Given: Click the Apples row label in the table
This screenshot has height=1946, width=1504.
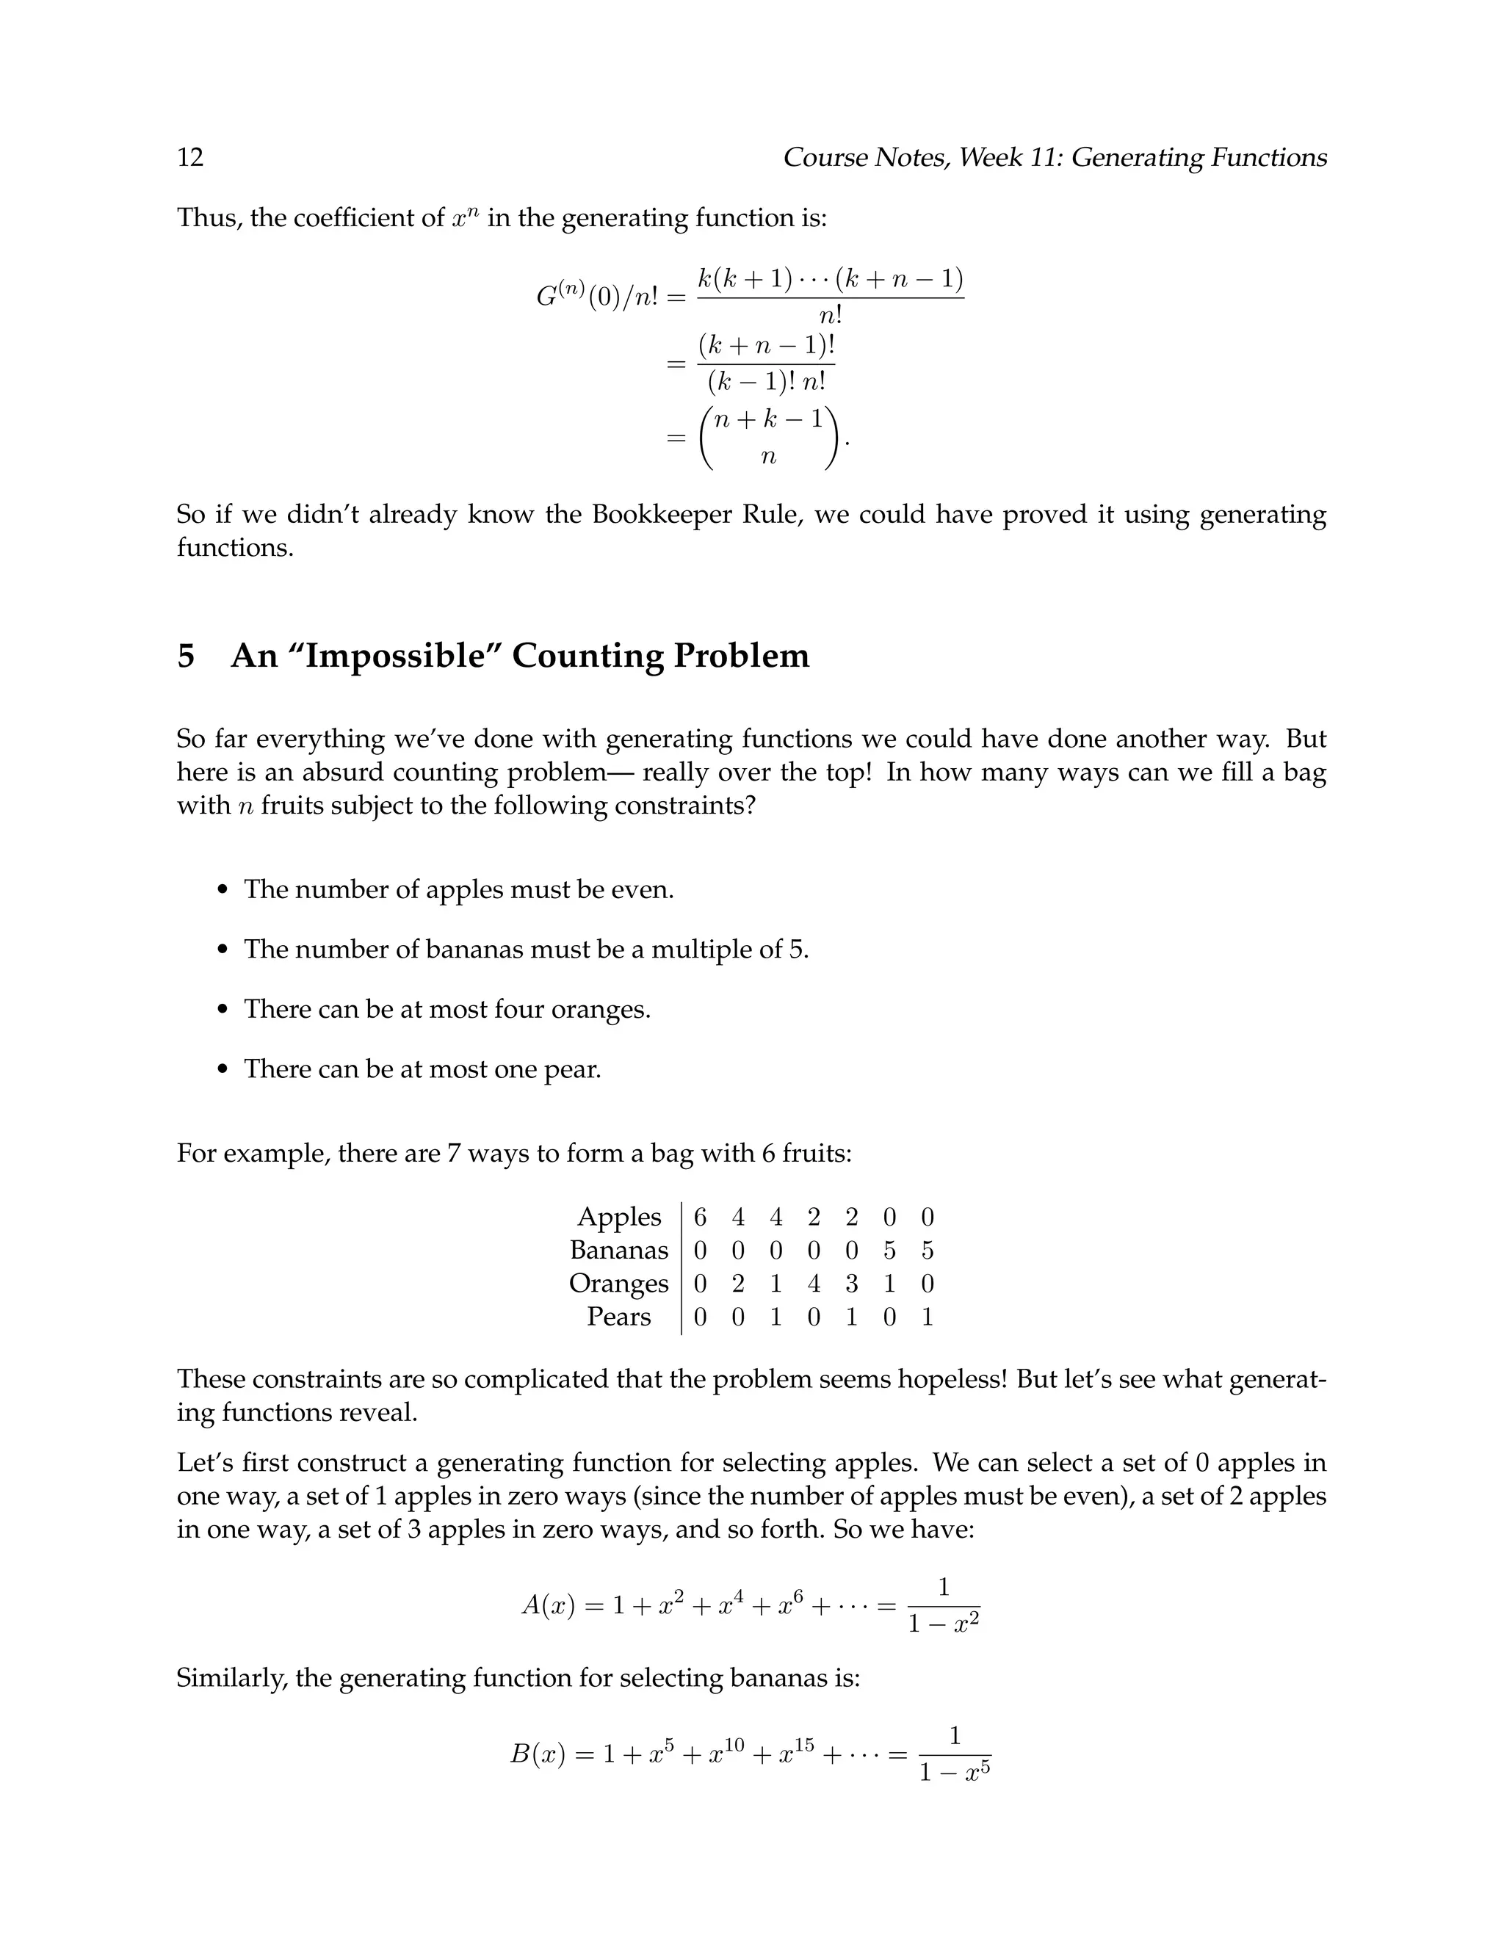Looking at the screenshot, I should pyautogui.click(x=619, y=1217).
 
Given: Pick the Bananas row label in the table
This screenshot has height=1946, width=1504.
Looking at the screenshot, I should pyautogui.click(x=618, y=1250).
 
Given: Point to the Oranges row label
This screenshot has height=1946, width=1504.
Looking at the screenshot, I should pyautogui.click(x=618, y=1284).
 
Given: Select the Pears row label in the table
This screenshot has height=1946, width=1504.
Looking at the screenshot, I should pyautogui.click(x=618, y=1317).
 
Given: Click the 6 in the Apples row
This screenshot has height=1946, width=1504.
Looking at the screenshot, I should pyautogui.click(x=701, y=1217).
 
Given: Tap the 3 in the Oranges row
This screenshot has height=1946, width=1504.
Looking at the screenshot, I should pyautogui.click(x=852, y=1284).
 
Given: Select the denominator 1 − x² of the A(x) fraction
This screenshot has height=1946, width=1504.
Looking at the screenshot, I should pyautogui.click(x=944, y=1624).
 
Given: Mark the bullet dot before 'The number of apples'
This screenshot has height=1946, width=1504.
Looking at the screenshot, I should pyautogui.click(x=224, y=890).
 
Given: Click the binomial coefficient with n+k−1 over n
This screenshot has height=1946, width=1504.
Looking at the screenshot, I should pyautogui.click(x=769, y=437).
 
